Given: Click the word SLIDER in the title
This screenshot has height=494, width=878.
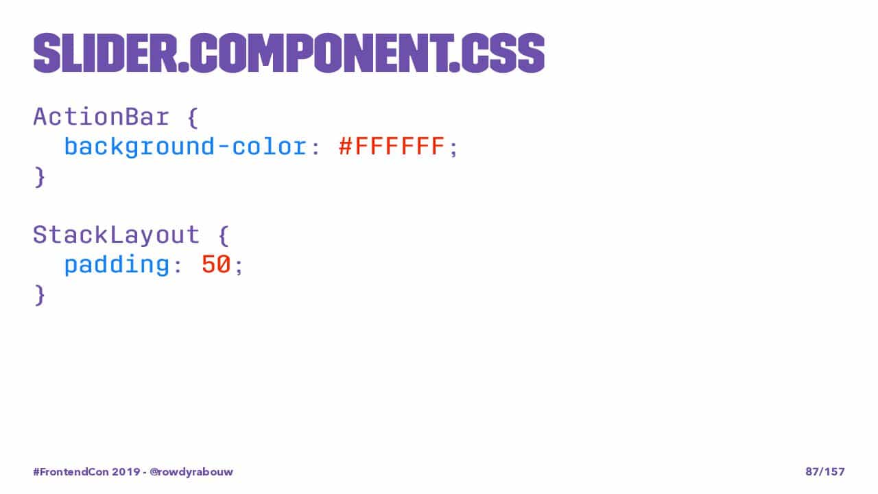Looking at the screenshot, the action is pos(105,54).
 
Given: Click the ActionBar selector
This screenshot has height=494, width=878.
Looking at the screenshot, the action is pos(101,117).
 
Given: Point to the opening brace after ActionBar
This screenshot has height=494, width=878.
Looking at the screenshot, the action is pos(193,117).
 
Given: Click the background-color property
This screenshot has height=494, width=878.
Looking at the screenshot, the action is pos(185,147).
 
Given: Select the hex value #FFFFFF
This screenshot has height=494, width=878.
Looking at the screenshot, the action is pos(392,146).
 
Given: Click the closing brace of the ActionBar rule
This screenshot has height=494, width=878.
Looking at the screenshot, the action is pos(40,177).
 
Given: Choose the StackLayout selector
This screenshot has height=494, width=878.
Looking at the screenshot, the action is pos(117,235).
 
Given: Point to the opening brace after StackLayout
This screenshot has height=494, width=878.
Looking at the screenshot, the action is pos(224,235).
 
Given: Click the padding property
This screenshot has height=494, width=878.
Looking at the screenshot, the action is pos(117,265).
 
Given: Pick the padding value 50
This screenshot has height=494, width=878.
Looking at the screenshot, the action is pos(216,264).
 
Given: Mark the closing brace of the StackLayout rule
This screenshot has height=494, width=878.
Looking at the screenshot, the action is pos(40,295).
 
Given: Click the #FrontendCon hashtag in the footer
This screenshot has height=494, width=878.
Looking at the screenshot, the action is pos(71,471).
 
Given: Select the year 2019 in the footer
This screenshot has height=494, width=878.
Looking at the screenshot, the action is pos(126,471).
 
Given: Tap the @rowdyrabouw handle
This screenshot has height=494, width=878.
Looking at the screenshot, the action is pos(191,471).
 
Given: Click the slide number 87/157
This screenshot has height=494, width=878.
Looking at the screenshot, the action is pos(825,471).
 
